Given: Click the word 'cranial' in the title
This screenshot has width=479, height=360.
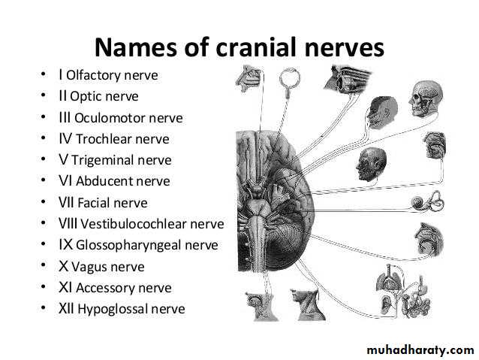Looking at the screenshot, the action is click(x=256, y=47).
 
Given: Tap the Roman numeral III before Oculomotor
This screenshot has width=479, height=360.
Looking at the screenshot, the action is click(x=65, y=118).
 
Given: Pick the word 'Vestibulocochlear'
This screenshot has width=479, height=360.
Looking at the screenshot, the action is click(x=133, y=224).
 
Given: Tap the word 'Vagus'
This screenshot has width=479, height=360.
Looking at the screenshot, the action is click(x=89, y=267).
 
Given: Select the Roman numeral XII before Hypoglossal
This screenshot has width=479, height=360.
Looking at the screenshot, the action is click(x=66, y=309).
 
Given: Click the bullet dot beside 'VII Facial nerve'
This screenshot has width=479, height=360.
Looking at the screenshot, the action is click(x=44, y=202).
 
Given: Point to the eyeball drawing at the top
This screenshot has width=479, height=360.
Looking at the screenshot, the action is click(x=289, y=78).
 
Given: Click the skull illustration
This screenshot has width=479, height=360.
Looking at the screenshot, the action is click(x=426, y=98).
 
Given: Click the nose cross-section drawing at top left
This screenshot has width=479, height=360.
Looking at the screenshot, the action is click(x=249, y=79).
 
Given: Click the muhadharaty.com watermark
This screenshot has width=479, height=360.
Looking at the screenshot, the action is click(x=420, y=350).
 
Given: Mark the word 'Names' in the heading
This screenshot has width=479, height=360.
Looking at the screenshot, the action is click(x=136, y=47).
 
